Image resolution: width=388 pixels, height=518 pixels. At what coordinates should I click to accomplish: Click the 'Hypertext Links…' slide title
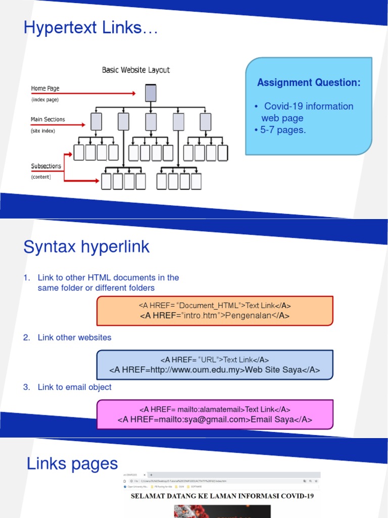tap(91, 28)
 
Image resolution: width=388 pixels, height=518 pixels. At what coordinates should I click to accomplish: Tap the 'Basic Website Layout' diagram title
tap(136, 70)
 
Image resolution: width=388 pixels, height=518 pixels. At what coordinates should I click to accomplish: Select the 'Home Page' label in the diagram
tap(45, 89)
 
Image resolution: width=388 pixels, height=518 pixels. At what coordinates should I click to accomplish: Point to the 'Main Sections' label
tap(48, 119)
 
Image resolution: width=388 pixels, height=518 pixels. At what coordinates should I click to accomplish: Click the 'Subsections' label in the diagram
tap(46, 166)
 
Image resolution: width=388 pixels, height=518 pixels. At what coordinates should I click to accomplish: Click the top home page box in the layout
tap(151, 93)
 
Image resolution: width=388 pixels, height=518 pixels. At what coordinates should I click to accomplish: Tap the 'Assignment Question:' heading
tap(309, 82)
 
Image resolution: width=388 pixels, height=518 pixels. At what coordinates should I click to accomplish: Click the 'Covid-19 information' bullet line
tap(308, 106)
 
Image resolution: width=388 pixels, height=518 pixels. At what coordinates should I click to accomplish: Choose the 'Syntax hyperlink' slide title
tap(86, 247)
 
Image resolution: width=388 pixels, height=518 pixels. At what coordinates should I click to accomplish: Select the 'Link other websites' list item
tap(74, 337)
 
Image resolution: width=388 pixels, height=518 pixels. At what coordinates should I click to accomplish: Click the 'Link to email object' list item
tap(74, 387)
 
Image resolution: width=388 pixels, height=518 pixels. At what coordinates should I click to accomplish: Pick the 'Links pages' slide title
tap(72, 463)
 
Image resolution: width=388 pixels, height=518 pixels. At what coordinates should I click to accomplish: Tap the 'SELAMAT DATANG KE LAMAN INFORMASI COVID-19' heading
tap(222, 496)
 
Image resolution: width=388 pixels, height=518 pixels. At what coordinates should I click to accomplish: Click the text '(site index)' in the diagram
tap(43, 131)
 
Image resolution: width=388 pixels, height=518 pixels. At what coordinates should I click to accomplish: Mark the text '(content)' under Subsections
tap(41, 177)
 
